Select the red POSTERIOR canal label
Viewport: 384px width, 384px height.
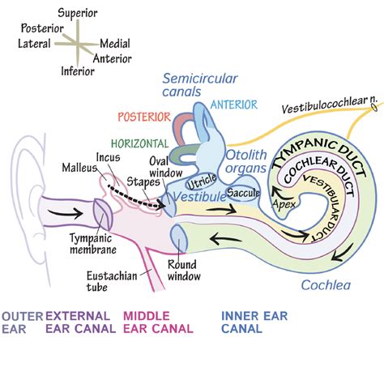point(143,116)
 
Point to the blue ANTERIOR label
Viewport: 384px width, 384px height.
point(234,105)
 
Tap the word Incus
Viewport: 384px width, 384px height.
point(108,158)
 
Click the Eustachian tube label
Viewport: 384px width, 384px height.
point(109,280)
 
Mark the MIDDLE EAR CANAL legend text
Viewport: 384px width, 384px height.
point(158,322)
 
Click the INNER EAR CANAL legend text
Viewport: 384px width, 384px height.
point(252,322)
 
